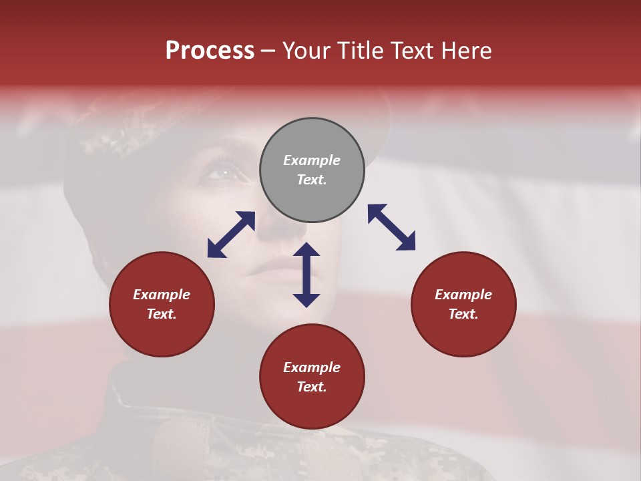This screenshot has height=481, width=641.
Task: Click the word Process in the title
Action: pyautogui.click(x=210, y=51)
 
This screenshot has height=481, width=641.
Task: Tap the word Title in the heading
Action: pyautogui.click(x=361, y=51)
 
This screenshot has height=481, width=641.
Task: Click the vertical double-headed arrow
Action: pyautogui.click(x=306, y=275)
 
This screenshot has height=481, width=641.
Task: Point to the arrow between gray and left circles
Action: pyautogui.click(x=231, y=234)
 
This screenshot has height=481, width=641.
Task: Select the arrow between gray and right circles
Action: pyautogui.click(x=391, y=227)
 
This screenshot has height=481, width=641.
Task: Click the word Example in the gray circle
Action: pyautogui.click(x=312, y=160)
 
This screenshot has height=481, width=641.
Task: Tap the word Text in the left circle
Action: pyautogui.click(x=162, y=314)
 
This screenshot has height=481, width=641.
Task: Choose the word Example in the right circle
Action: pyautogui.click(x=463, y=295)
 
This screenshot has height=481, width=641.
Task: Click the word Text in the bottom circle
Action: pyautogui.click(x=312, y=387)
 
